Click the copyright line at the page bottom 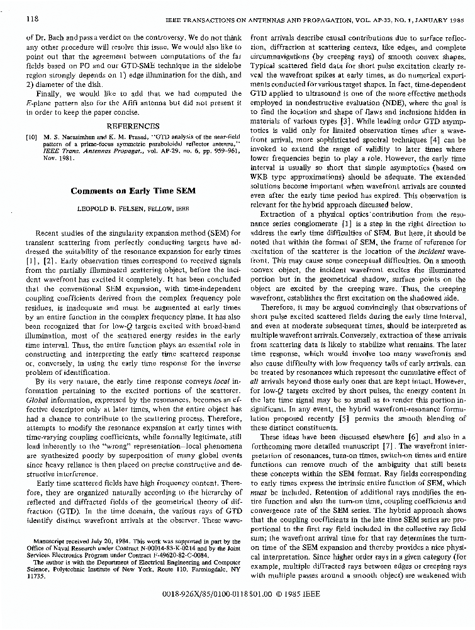pyautogui.click(x=237, y=593)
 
